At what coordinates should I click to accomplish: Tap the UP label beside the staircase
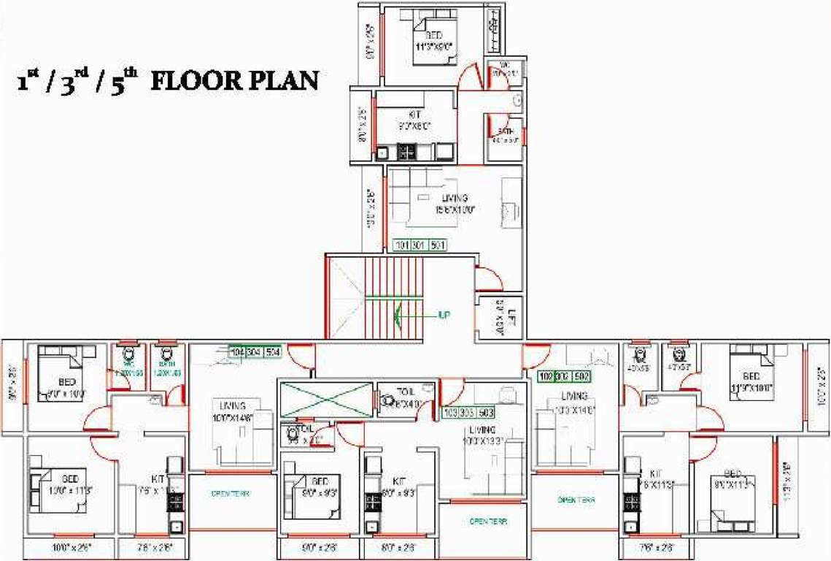tap(443, 316)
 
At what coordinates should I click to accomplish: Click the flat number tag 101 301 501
tap(420, 245)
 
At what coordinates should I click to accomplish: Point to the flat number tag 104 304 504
tap(255, 351)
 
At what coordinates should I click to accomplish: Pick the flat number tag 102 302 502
tap(564, 376)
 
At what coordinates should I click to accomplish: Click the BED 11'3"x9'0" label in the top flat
tap(433, 40)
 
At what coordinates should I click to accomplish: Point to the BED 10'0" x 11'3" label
tap(69, 484)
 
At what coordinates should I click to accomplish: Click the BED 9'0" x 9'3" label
tap(320, 486)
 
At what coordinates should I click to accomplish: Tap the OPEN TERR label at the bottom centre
tap(487, 522)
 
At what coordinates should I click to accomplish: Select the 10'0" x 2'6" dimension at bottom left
tap(71, 546)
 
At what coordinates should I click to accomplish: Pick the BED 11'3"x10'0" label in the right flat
tap(751, 382)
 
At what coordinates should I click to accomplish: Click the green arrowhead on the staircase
tap(398, 316)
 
